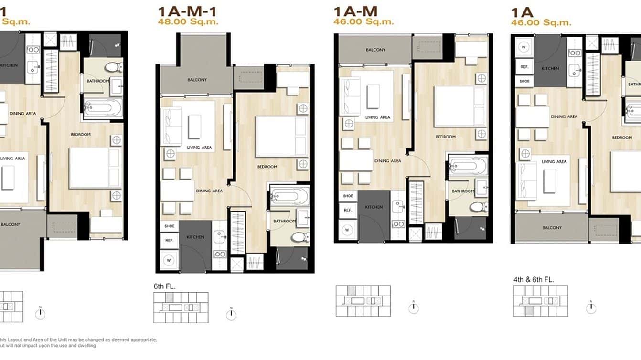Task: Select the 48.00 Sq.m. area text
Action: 188,21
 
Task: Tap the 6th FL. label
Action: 165,286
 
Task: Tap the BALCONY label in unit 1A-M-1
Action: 197,80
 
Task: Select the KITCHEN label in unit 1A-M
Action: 374,207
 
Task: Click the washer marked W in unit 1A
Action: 524,47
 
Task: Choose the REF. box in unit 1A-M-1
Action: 169,241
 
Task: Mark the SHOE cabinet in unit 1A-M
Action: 348,196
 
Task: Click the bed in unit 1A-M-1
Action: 281,137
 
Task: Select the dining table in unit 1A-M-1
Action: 177,191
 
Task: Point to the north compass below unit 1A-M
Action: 414,308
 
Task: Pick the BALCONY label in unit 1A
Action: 552,228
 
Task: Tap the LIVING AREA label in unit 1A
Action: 554,162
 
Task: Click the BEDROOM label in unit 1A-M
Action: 445,137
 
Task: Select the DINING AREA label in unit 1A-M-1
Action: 209,191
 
